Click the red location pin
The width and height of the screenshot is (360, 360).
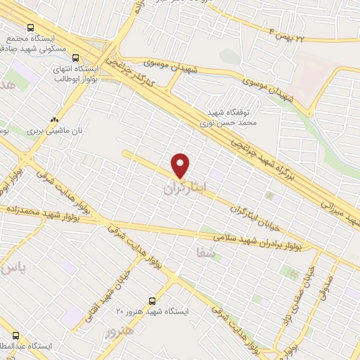pos(181,165)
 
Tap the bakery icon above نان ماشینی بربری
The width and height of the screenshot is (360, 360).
pos(54,120)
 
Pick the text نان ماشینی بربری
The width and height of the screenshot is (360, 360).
pos(51,131)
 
